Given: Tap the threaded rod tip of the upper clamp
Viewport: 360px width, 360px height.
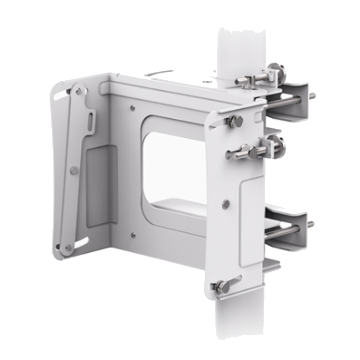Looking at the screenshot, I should [x=312, y=96].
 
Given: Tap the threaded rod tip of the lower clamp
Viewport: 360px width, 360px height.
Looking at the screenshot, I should [x=310, y=224].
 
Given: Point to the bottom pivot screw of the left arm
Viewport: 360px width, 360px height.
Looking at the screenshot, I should [x=68, y=247].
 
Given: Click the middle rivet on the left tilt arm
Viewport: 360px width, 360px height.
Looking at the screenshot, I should [x=74, y=170].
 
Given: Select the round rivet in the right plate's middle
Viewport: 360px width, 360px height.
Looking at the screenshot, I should [x=226, y=204].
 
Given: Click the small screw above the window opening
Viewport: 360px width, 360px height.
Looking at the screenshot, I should [x=132, y=108].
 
